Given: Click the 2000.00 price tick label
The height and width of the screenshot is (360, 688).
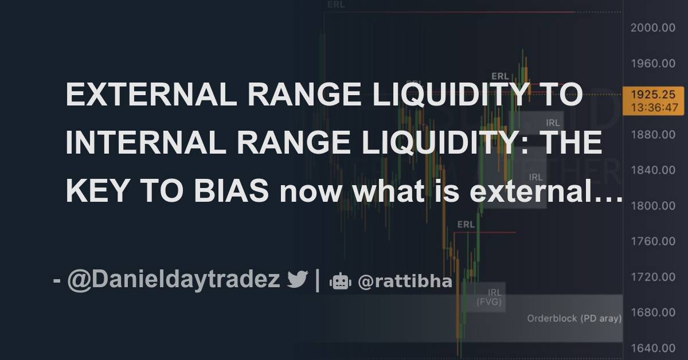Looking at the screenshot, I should tap(652, 28).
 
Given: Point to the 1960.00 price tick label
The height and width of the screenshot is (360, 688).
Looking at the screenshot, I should tap(652, 64).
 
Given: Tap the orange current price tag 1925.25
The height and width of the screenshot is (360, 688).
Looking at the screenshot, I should tap(652, 100).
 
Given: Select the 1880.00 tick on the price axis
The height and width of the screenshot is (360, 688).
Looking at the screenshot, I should tap(652, 135).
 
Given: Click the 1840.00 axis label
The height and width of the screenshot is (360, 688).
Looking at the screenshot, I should tap(652, 170).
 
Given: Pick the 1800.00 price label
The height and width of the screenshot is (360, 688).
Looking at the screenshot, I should tap(652, 206).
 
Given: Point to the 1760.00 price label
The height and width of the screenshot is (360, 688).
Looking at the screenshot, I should tap(652, 241).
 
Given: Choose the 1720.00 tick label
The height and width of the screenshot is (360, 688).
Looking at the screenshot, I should tap(652, 277).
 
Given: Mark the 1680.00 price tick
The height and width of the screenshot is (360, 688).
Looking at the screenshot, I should tap(652, 313).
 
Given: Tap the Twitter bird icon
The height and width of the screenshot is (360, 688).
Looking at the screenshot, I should tap(298, 280).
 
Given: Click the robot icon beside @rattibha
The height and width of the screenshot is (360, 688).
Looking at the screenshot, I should tap(339, 281).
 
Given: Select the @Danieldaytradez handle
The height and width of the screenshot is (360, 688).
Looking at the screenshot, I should tap(174, 280).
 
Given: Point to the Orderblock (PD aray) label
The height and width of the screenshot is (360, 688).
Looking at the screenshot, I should tap(574, 318).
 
